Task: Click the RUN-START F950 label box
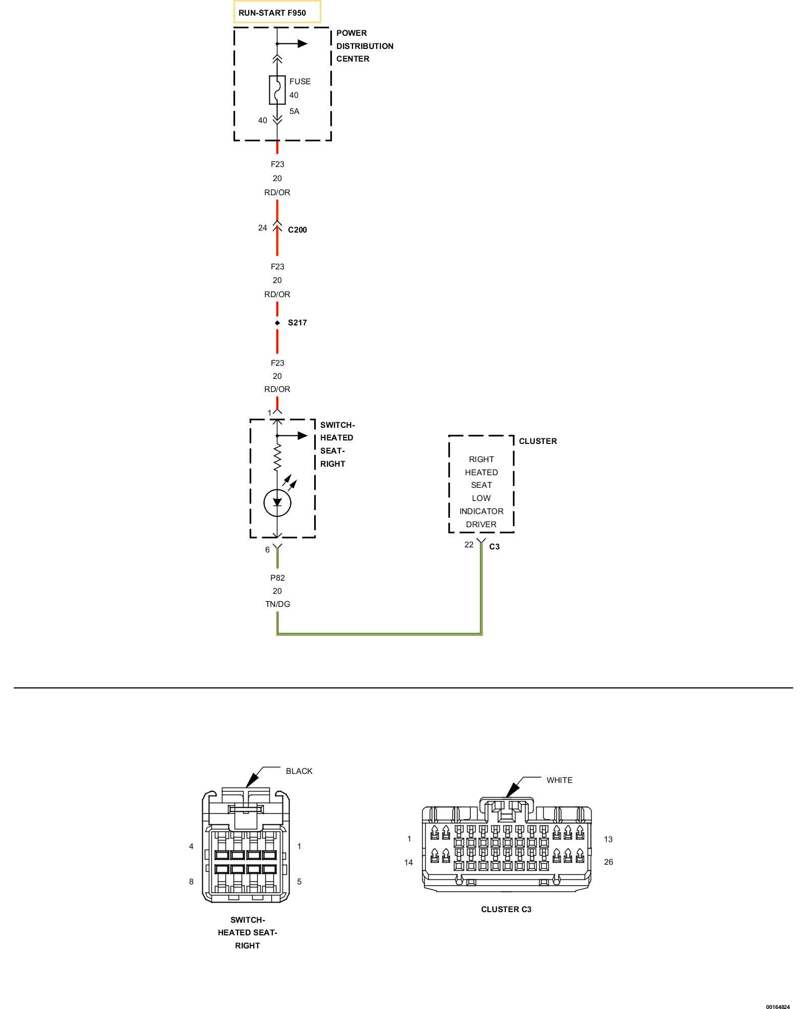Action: pyautogui.click(x=277, y=13)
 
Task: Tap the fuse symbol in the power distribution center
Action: pyautogui.click(x=277, y=90)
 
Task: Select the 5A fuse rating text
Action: pyautogui.click(x=294, y=111)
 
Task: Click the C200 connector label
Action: pyautogui.click(x=297, y=230)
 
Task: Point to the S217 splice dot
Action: pyautogui.click(x=277, y=323)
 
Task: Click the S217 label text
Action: pyautogui.click(x=297, y=323)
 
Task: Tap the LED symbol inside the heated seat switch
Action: pyautogui.click(x=277, y=502)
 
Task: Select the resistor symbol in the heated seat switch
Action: pyautogui.click(x=277, y=457)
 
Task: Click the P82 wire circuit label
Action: pyautogui.click(x=277, y=578)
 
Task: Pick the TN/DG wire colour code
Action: pyautogui.click(x=277, y=604)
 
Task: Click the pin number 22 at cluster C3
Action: pyautogui.click(x=469, y=545)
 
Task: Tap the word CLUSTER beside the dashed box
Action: pyautogui.click(x=538, y=441)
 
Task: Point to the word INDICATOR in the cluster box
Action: pyautogui.click(x=481, y=512)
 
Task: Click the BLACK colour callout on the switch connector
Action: pyautogui.click(x=299, y=771)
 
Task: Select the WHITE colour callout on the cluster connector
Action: pyautogui.click(x=559, y=780)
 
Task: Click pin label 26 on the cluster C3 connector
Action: pyautogui.click(x=608, y=862)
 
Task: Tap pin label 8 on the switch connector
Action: pyautogui.click(x=191, y=882)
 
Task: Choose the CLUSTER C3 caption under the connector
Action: pyautogui.click(x=506, y=910)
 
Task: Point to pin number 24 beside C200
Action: pyautogui.click(x=262, y=228)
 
